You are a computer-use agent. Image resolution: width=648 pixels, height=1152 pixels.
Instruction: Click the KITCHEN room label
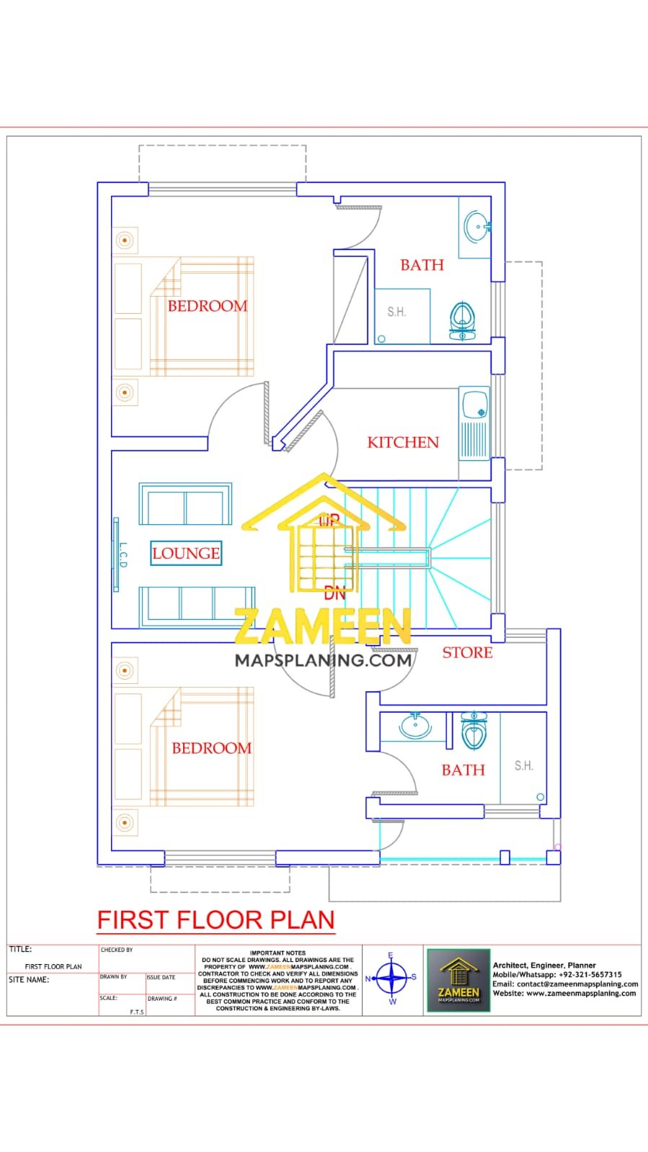point(403,442)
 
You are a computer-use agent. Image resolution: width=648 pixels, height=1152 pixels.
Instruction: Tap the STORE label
point(467,652)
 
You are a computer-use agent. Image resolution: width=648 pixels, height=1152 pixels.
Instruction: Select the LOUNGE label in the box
point(186,553)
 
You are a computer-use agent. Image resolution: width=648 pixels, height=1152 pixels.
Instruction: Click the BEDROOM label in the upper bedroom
point(208,306)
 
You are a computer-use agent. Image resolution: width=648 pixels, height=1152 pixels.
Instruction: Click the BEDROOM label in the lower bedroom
point(211,748)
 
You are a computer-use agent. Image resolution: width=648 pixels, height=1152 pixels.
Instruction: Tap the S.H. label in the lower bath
point(524,765)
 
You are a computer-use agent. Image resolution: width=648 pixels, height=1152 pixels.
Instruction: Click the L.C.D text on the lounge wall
point(123,555)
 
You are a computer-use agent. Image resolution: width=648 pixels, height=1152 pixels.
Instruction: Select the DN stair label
point(334,594)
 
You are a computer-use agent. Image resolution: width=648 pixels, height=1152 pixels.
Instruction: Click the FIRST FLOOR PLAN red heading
point(216,920)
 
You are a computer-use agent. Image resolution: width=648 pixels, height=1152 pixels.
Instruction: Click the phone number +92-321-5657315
point(590,974)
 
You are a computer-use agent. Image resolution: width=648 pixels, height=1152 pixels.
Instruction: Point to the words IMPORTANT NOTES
point(278,953)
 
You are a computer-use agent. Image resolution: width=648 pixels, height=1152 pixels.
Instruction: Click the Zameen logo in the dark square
point(458,980)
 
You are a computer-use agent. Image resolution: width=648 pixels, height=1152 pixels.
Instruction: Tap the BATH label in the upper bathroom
point(422,265)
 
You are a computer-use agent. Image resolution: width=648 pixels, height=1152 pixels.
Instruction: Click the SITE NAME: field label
point(29,979)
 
